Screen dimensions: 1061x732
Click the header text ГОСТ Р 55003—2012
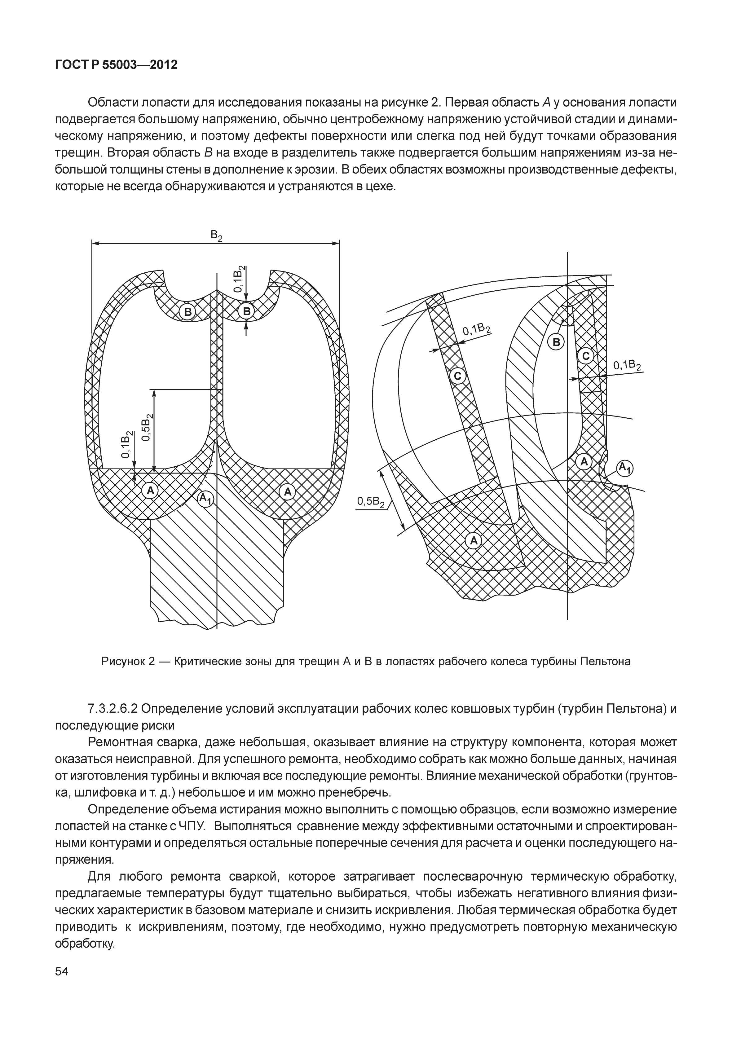pos(116,65)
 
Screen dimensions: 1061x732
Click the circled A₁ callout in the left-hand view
pos(205,498)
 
